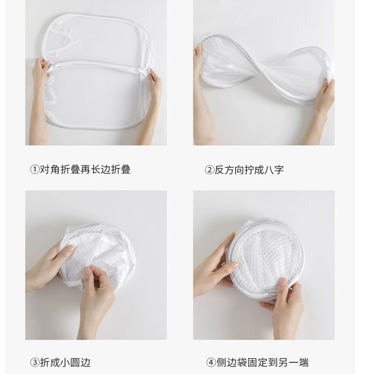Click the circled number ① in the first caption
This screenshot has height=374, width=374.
35,170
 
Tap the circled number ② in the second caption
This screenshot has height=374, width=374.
209,170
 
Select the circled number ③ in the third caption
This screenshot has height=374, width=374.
35,363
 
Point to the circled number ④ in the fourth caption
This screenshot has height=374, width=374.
211,363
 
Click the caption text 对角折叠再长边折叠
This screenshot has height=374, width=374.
85,170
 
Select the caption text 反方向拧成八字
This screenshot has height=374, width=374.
249,170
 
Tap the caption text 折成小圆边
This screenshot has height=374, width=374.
65,363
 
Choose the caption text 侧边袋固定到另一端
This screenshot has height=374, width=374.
262,363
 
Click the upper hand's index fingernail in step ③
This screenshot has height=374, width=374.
69,249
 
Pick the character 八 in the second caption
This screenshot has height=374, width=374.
268,170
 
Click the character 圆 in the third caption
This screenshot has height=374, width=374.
75,363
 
